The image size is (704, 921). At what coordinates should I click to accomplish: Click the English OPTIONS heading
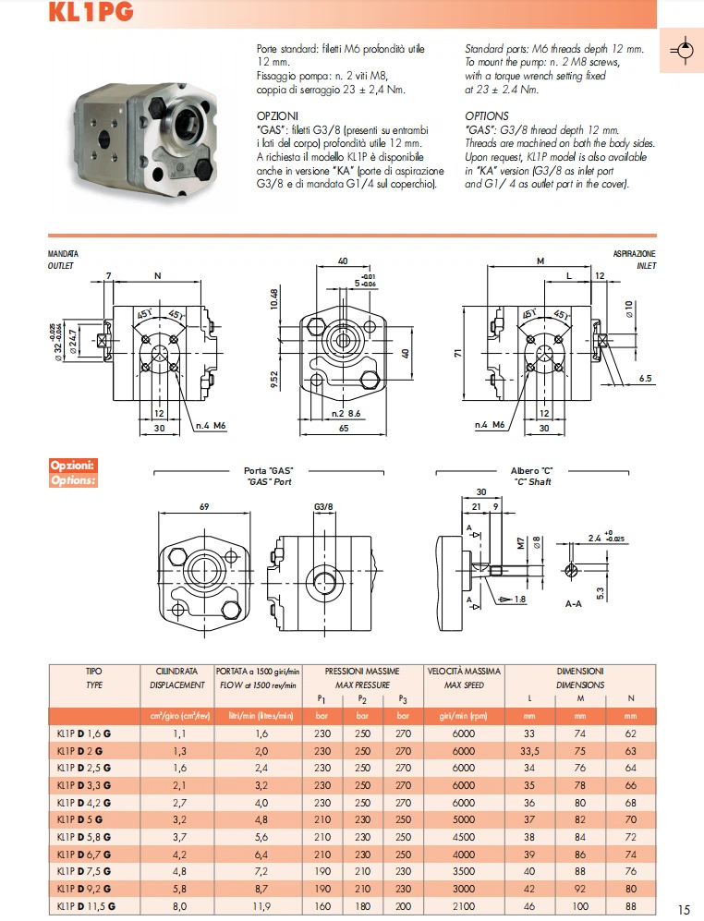click(x=487, y=116)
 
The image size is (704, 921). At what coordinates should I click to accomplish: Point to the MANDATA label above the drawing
click(x=63, y=253)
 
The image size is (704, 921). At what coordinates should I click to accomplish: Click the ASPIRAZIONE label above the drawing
click(x=635, y=253)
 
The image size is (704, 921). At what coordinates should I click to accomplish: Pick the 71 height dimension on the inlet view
click(x=457, y=353)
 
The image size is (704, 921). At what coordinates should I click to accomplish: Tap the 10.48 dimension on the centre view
click(x=275, y=301)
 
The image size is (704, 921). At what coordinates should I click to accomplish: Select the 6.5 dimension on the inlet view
click(x=644, y=379)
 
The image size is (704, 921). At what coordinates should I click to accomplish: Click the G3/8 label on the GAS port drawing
click(x=323, y=507)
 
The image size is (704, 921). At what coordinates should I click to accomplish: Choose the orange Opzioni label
click(x=73, y=466)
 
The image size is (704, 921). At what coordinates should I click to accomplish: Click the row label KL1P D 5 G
click(x=80, y=818)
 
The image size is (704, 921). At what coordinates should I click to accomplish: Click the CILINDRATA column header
click(x=176, y=671)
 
